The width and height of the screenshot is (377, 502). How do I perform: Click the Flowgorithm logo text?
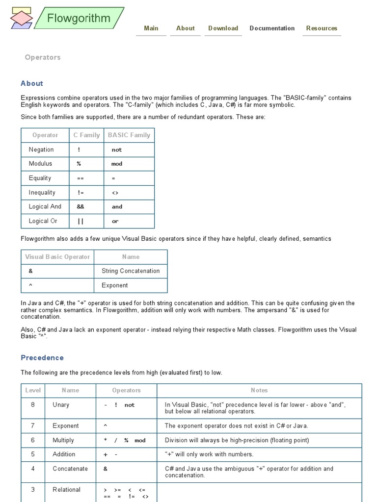coord(79,19)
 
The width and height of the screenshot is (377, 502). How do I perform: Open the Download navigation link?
coord(223,28)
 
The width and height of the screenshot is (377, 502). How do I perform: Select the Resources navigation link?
coord(322,28)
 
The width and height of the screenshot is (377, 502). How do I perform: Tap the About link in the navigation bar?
coord(185,28)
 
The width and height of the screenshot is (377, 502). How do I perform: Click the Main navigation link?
coord(151,28)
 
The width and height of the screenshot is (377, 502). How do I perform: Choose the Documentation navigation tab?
coord(272,28)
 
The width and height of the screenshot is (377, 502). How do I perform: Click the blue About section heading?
coord(32,83)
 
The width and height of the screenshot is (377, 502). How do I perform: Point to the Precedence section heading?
coord(42,358)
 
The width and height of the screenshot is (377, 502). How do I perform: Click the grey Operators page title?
coord(43,57)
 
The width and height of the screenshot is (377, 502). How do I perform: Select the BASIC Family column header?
coord(129,135)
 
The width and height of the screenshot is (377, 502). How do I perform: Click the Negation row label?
coord(41,150)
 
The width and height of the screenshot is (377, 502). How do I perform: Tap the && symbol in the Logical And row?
coord(81,207)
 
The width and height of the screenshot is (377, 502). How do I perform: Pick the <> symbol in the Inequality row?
coord(115,193)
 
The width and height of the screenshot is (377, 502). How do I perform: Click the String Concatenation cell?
coord(131,271)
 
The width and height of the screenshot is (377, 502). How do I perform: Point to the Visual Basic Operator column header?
coord(57,257)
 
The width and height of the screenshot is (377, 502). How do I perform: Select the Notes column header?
coord(259,391)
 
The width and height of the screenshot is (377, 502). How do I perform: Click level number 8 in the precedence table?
coord(33,405)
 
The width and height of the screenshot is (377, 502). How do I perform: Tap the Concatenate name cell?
coord(70,469)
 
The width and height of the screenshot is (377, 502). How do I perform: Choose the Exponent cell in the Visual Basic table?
coord(114,285)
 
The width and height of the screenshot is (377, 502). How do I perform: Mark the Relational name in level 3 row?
coord(66,490)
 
